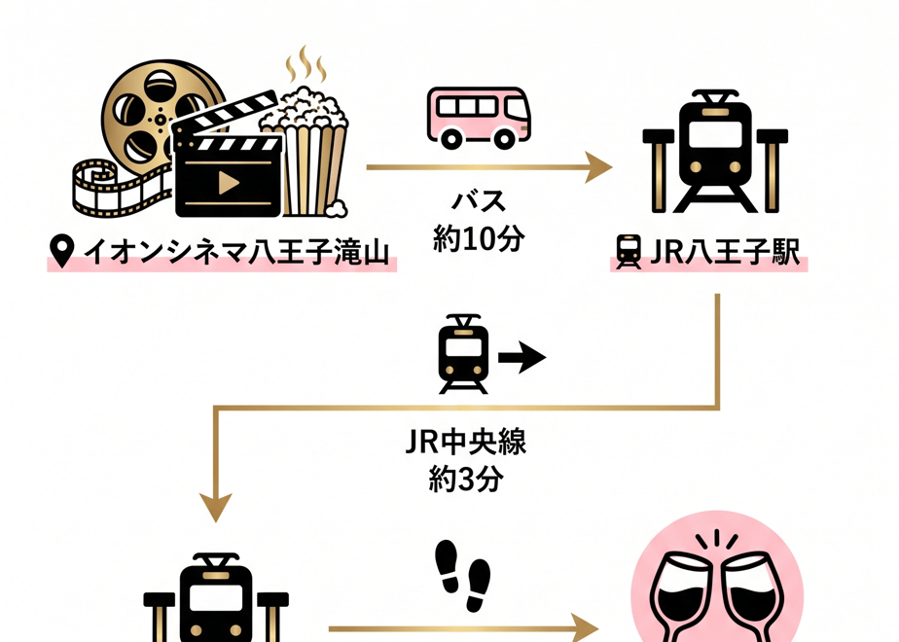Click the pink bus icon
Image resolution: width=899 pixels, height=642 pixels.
pyautogui.click(x=479, y=118)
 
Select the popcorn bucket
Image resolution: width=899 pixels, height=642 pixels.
pyautogui.click(x=306, y=155)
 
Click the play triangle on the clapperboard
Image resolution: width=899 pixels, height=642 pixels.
pyautogui.click(x=229, y=183)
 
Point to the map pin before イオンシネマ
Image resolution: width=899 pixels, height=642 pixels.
pyautogui.click(x=62, y=251)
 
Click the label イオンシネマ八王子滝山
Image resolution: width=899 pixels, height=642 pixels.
pyautogui.click(x=236, y=252)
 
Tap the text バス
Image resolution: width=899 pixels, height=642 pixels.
pyautogui.click(x=479, y=201)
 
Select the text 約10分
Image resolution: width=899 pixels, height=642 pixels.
pyautogui.click(x=479, y=238)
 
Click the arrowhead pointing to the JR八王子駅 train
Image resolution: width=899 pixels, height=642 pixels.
pyautogui.click(x=598, y=167)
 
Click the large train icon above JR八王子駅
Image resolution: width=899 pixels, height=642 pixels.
pyautogui.click(x=715, y=152)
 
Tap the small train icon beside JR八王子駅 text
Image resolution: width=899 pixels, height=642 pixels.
pyautogui.click(x=629, y=252)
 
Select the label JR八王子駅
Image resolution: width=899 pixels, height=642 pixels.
pyautogui.click(x=725, y=251)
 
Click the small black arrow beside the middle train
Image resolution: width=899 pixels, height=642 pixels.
pyautogui.click(x=521, y=358)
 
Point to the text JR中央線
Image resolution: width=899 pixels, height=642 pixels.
pyautogui.click(x=465, y=442)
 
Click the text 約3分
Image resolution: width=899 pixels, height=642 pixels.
pyautogui.click(x=465, y=479)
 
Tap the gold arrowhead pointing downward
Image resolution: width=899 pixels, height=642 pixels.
pyautogui.click(x=216, y=507)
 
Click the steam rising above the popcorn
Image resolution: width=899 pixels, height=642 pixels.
pyautogui.click(x=306, y=65)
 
